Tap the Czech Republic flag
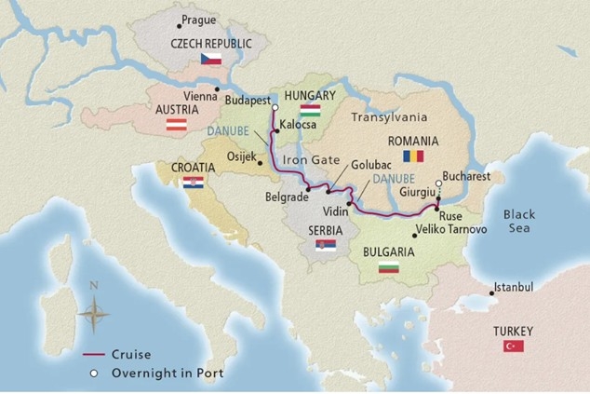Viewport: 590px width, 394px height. pos(210,59)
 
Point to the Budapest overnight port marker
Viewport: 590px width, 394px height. pos(275,108)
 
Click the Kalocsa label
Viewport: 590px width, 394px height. pos(298,123)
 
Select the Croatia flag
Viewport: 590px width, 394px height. pos(194,183)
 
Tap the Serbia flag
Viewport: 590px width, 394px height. pos(326,245)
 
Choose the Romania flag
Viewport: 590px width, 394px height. pos(412,156)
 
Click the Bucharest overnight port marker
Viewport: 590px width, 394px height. pos(438,183)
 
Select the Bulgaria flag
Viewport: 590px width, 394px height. pos(388,268)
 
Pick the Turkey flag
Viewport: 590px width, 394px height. pos(513,346)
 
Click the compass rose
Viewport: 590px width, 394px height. pos(94,312)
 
